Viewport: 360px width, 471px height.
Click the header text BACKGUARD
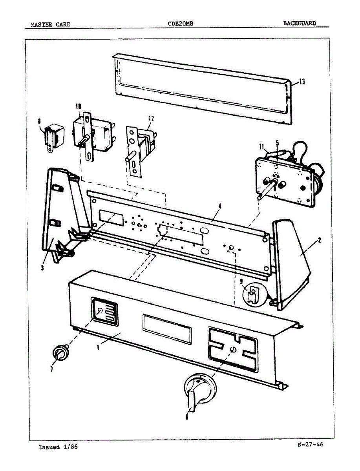pos(300,23)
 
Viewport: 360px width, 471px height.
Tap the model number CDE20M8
pos(180,24)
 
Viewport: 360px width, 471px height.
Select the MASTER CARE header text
pos(51,24)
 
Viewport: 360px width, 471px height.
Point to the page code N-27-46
pos(311,445)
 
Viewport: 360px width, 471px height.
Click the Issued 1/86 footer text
pos(58,447)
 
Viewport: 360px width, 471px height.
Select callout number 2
pos(320,241)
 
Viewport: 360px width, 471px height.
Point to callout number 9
pos(242,281)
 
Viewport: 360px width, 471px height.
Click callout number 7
pos(51,369)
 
